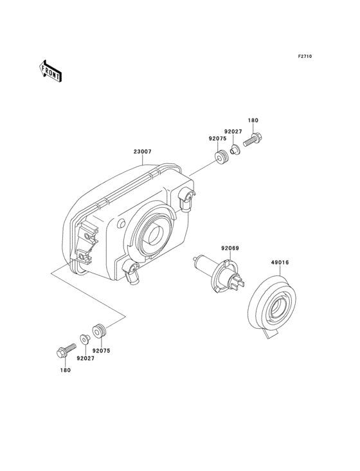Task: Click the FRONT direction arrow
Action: pos(50,71)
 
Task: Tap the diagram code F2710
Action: pos(305,56)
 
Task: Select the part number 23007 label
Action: pos(143,152)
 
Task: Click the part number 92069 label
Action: pos(230,248)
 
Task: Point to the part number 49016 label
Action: pos(280,263)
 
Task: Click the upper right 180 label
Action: pos(253,120)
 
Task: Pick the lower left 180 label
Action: pos(65,370)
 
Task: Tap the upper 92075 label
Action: pos(218,139)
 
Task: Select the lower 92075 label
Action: pos(102,351)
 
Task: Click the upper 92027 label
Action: pos(233,131)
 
